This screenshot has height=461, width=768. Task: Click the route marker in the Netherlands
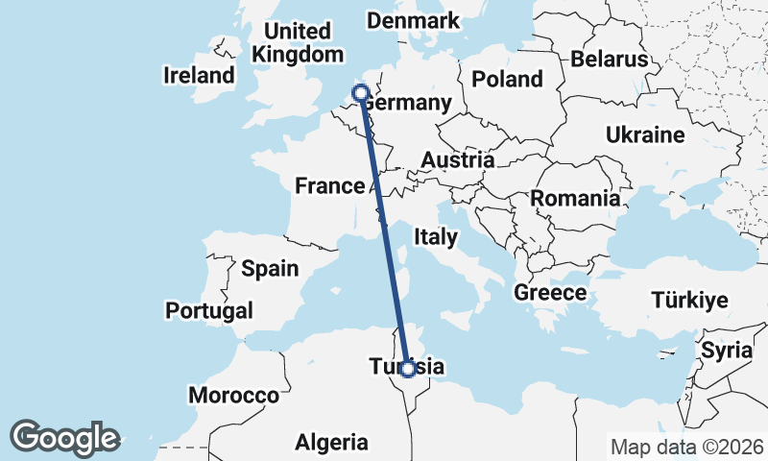click(361, 93)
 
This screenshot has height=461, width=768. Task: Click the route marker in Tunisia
click(408, 368)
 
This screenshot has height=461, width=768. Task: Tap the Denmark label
click(413, 21)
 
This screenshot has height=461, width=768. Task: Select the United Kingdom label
click(297, 42)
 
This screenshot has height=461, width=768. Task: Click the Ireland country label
click(199, 75)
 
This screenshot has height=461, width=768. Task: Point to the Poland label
click(507, 79)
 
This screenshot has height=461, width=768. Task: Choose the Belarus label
click(610, 60)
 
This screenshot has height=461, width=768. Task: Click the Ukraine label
click(644, 135)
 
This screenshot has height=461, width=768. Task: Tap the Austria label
click(458, 160)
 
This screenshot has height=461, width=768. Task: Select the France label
click(330, 186)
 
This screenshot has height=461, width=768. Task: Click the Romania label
click(574, 200)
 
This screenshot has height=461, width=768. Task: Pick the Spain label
click(270, 269)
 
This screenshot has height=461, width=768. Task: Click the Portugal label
click(209, 310)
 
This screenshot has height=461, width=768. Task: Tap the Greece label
click(550, 293)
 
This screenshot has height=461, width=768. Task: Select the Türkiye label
click(690, 301)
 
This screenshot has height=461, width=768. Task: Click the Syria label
click(727, 350)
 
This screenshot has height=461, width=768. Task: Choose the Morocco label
click(233, 395)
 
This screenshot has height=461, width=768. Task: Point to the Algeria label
click(331, 443)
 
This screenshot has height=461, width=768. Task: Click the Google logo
click(65, 438)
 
